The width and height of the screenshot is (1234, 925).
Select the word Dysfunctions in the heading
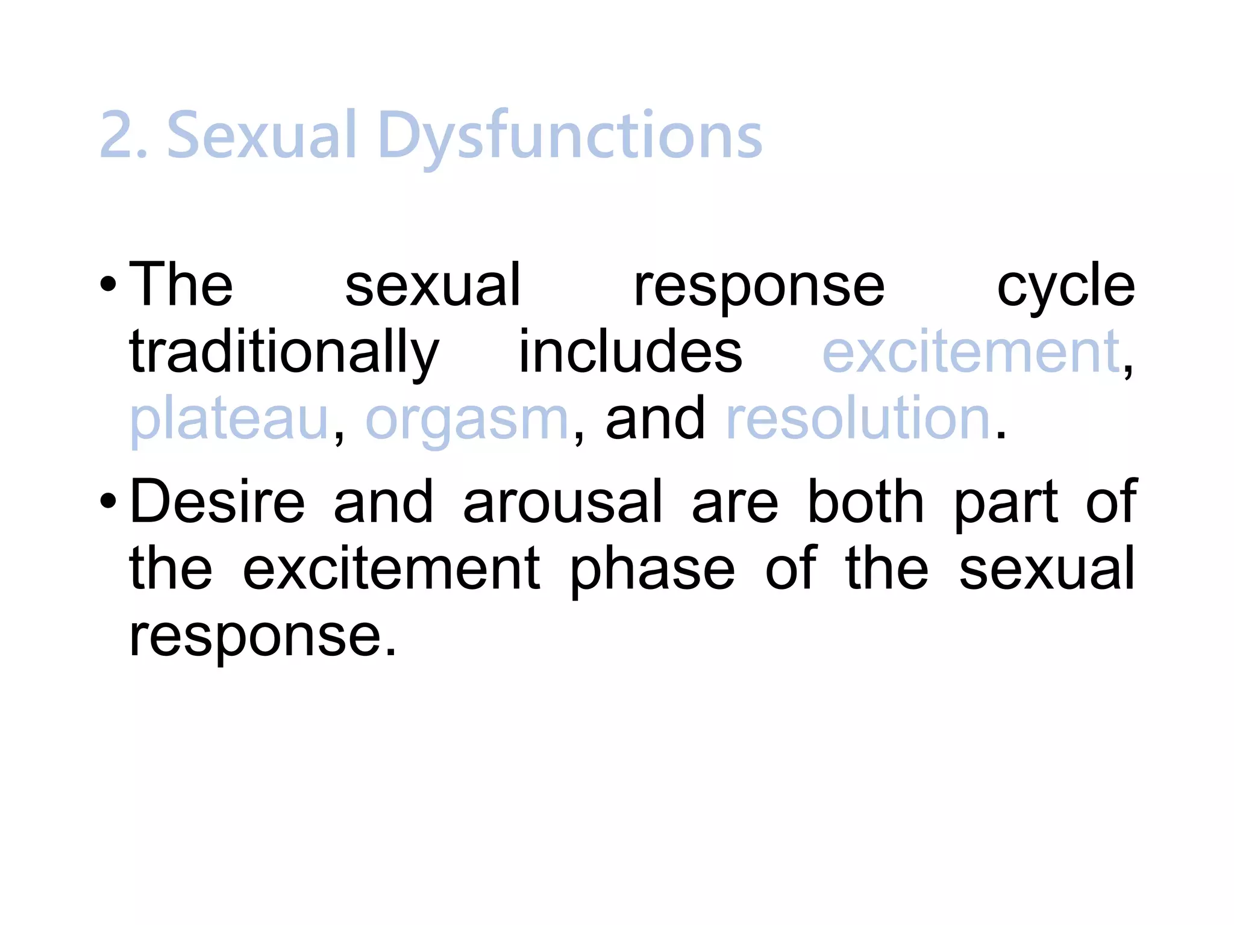coord(569,137)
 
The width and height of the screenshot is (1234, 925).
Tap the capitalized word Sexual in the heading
coord(262,135)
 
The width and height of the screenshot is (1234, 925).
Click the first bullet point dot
coord(108,284)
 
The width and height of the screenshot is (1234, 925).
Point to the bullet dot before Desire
coord(108,500)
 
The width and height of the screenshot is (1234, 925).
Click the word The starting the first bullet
coord(181,284)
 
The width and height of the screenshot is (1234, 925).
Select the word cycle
coord(1065,288)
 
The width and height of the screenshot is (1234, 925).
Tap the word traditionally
coord(284,353)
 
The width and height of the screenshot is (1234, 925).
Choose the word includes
coord(630,352)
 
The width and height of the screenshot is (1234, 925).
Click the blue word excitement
coord(971,352)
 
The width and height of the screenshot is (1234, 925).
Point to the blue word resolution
coord(858,418)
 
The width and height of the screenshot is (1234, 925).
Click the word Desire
coord(218,501)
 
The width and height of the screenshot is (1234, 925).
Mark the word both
coord(865,501)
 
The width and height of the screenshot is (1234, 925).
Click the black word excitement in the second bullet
coord(391,568)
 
